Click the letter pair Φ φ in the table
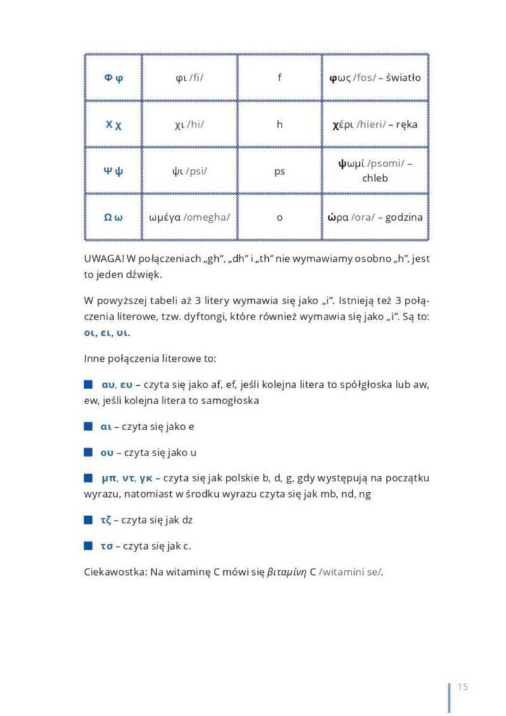point(113,78)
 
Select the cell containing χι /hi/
point(189,125)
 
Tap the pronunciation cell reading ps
point(280,171)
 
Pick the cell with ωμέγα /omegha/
point(189,217)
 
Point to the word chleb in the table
point(375,178)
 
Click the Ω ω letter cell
point(113,217)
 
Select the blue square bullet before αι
point(88,426)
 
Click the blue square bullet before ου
point(88,452)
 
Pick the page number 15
point(462,687)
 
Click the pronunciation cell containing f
point(280,78)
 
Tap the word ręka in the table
point(406,125)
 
